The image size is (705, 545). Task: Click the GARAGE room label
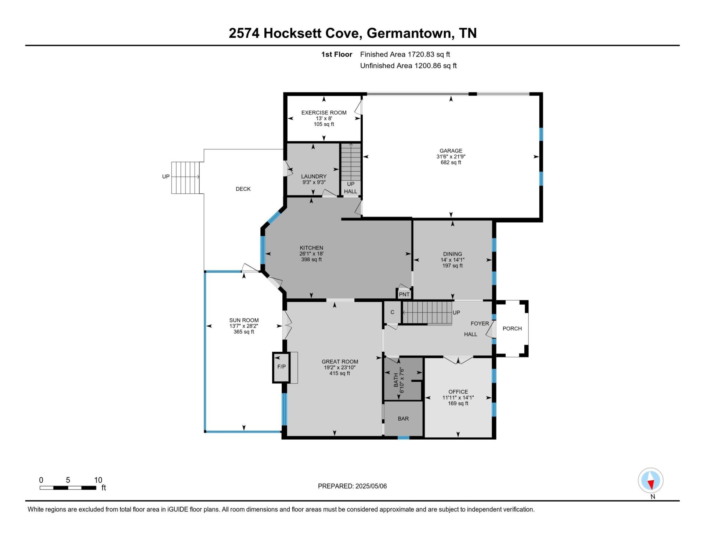point(451,151)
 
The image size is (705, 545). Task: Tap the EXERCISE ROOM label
point(324,113)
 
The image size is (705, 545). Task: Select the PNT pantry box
point(404,294)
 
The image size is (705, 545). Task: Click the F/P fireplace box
point(281,367)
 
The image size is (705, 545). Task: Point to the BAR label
point(403,419)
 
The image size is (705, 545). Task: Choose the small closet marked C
point(392,312)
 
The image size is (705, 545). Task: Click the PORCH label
point(512,329)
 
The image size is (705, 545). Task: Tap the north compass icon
point(651,480)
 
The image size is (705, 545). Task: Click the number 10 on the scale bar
point(98,480)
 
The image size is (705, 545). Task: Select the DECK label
point(243,189)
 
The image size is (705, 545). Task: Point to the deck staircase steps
point(185,178)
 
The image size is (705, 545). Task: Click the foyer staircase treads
point(427,313)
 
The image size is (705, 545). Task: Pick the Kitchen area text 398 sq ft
point(311,259)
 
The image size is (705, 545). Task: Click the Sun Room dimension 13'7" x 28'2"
point(244,326)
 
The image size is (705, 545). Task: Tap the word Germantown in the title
point(409,33)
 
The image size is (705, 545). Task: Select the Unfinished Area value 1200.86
point(428,66)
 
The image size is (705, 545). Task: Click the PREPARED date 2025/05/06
point(371,486)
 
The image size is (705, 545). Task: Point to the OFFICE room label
point(458,392)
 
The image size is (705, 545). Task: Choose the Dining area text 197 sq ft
point(452,266)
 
